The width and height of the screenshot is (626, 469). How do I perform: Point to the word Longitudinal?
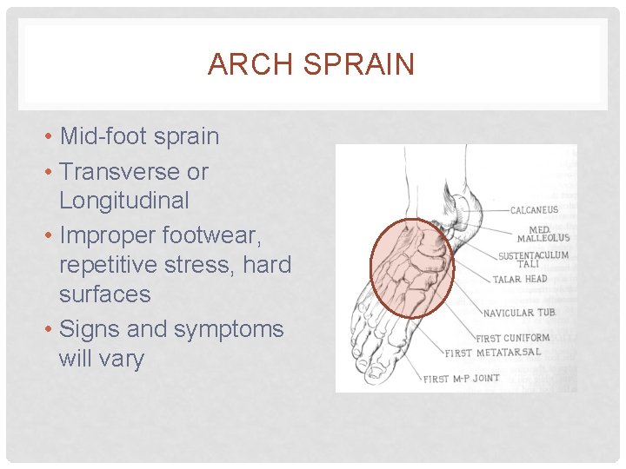click(x=123, y=201)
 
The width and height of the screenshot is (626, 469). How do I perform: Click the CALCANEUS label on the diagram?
click(x=534, y=210)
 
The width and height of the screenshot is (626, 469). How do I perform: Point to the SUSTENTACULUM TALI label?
click(x=533, y=260)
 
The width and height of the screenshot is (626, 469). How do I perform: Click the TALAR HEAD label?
click(x=520, y=280)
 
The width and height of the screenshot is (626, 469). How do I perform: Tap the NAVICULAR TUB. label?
click(x=520, y=313)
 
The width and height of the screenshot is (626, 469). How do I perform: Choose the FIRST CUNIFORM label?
click(x=513, y=338)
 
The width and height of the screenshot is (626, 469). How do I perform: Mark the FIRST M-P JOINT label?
click(x=461, y=379)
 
